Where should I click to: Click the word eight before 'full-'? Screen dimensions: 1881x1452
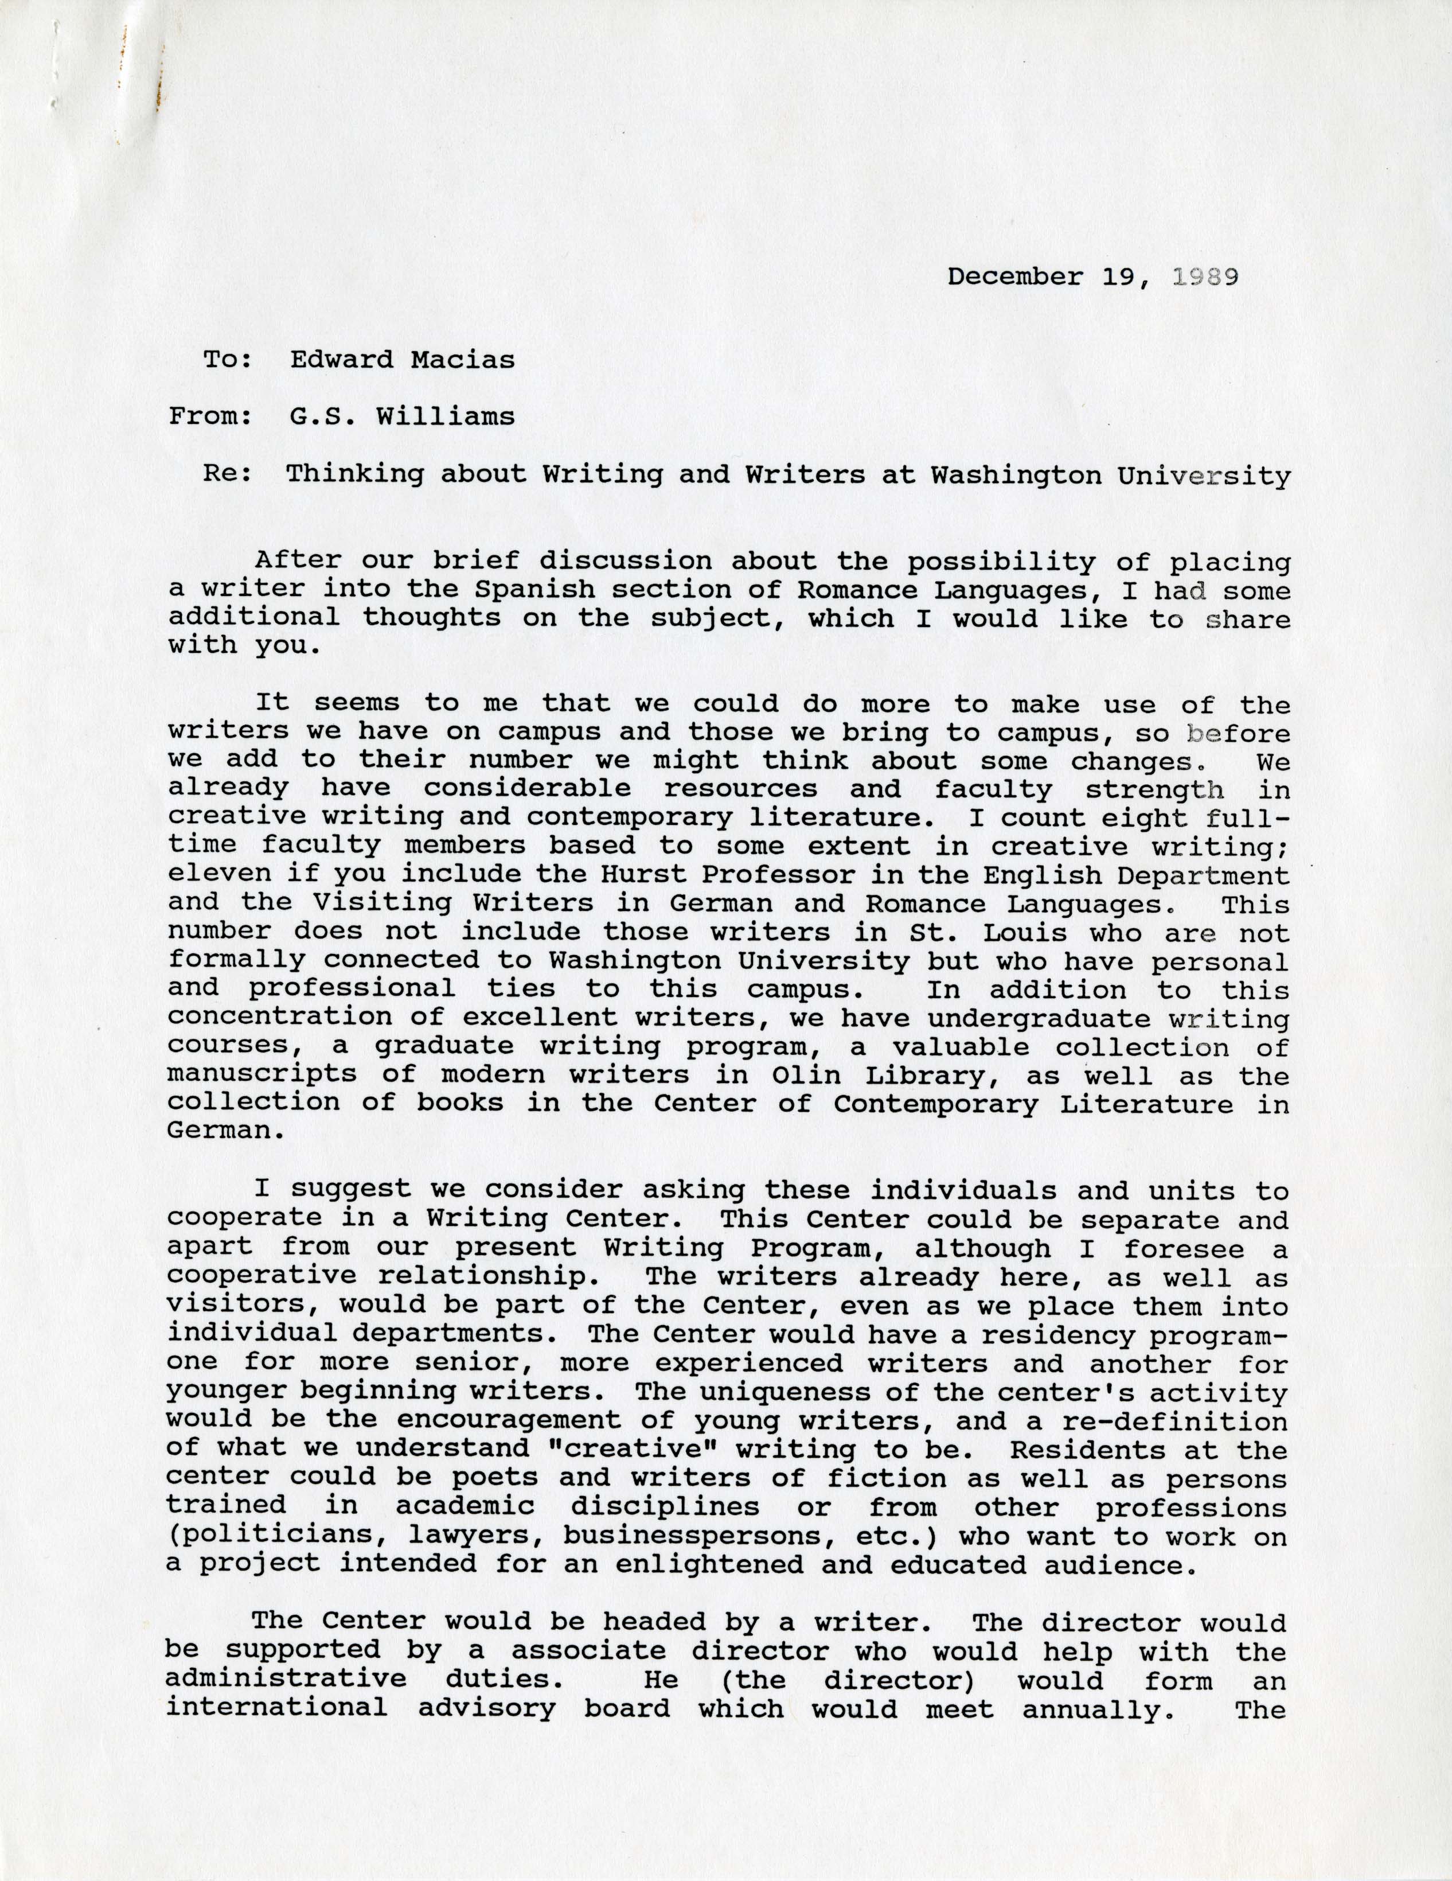[x=1123, y=817]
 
